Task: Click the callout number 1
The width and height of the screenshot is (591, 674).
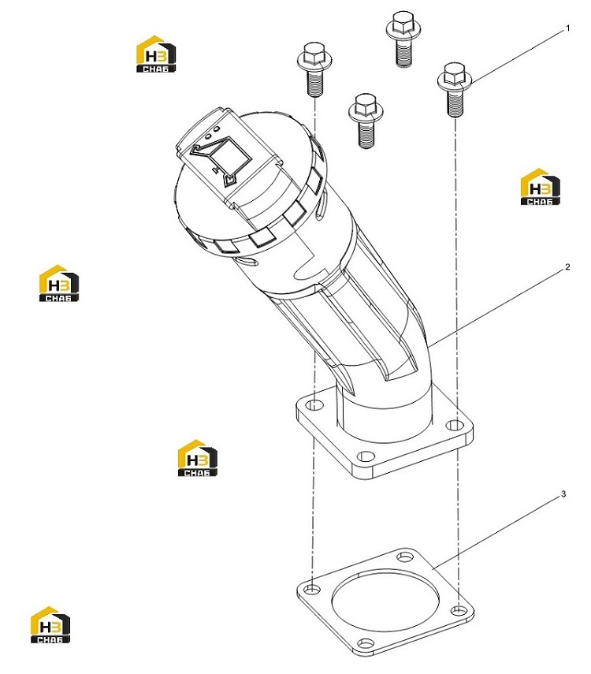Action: point(568,29)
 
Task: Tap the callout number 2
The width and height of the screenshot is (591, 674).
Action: point(567,267)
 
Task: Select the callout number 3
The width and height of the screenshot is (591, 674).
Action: point(563,494)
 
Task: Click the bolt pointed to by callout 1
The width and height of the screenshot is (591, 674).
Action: point(455,89)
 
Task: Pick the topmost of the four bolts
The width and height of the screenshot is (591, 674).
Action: point(403,39)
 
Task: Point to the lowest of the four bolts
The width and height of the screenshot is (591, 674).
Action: point(366,121)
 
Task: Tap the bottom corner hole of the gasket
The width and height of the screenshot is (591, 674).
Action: point(366,643)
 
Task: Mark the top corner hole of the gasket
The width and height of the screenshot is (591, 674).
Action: point(405,557)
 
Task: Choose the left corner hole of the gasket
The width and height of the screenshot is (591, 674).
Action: point(314,588)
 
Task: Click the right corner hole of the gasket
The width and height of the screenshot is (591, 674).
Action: point(458,610)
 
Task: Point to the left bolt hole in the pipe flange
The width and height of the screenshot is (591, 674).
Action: point(315,404)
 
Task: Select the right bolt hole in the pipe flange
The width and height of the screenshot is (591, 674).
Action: point(454,425)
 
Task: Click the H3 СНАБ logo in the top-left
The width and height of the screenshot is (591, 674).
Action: point(156,54)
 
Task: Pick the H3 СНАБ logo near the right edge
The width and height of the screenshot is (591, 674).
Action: point(540,187)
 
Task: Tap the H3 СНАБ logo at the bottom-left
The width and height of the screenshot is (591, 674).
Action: point(50,624)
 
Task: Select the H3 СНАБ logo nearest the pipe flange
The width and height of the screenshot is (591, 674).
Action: point(198,458)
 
